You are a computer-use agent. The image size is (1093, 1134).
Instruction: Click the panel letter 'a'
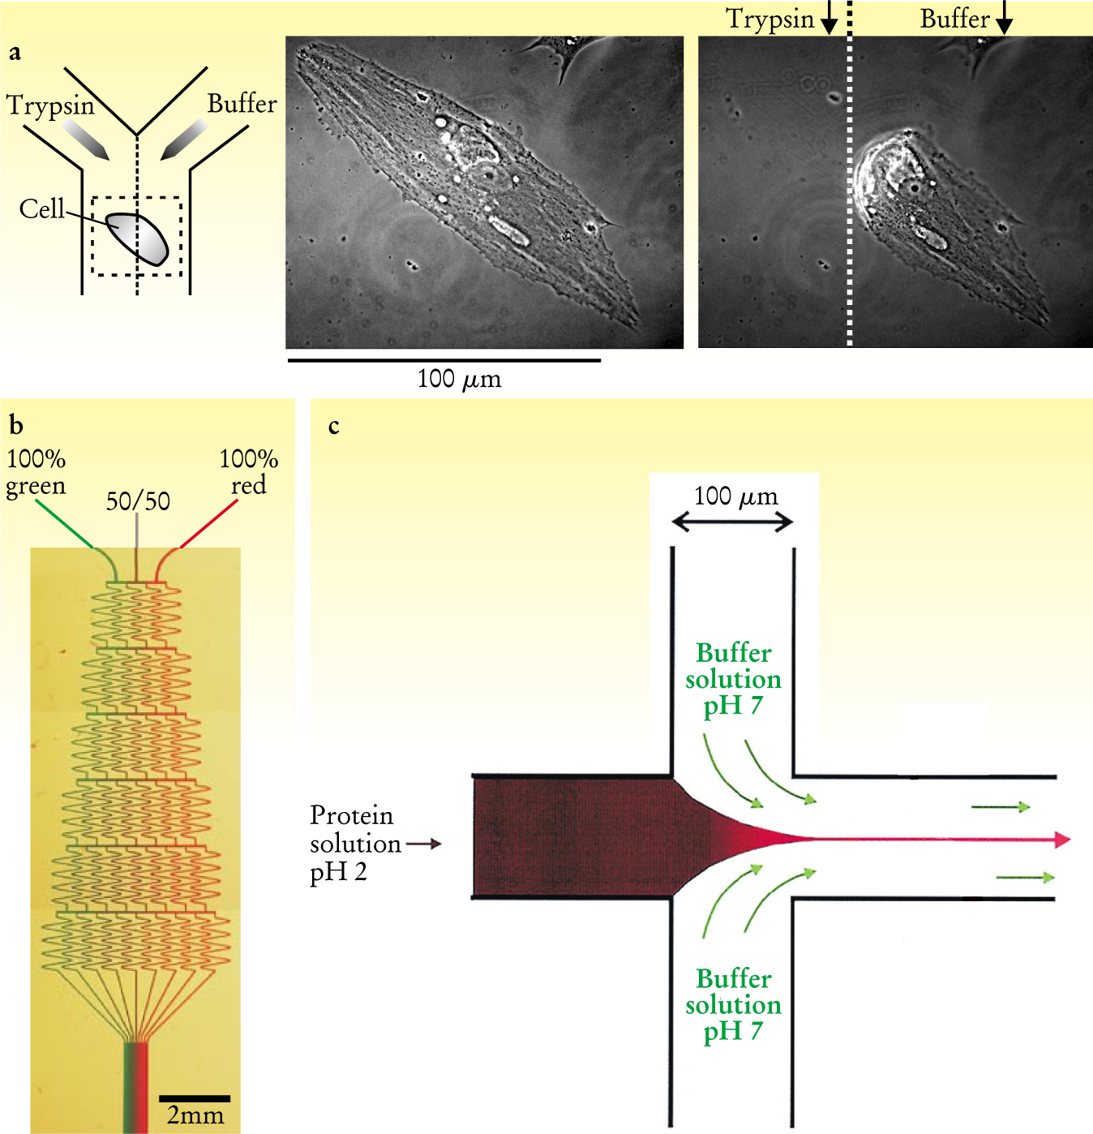tap(15, 54)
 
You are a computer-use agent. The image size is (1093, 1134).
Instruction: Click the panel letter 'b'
tap(15, 424)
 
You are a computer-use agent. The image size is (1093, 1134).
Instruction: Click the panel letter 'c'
tap(333, 426)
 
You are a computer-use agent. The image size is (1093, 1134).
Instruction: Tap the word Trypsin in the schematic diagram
tap(50, 106)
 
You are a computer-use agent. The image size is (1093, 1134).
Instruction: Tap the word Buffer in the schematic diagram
tap(242, 104)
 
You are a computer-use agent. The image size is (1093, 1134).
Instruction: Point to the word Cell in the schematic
tap(41, 209)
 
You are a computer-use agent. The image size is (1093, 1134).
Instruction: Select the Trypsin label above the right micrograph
tap(769, 19)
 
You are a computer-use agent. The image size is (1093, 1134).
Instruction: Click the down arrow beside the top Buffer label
tap(1004, 19)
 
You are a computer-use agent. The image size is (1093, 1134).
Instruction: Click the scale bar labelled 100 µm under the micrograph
tap(444, 359)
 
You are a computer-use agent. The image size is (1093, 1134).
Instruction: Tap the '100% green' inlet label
tap(36, 472)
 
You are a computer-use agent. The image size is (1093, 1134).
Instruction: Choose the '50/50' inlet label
tap(138, 501)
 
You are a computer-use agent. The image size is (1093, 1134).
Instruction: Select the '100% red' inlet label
tap(249, 472)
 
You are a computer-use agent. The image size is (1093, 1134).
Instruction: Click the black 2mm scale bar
tap(195, 1098)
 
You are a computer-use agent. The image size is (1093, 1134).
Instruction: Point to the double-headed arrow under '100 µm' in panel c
tap(732, 522)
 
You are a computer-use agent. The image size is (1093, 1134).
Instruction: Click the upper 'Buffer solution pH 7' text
tap(733, 679)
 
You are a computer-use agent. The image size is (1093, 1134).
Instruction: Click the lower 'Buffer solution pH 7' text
tap(733, 1004)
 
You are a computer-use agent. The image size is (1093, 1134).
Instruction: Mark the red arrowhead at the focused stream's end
tap(1062, 840)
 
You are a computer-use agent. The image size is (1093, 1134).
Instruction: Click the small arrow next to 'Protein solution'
tap(424, 844)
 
